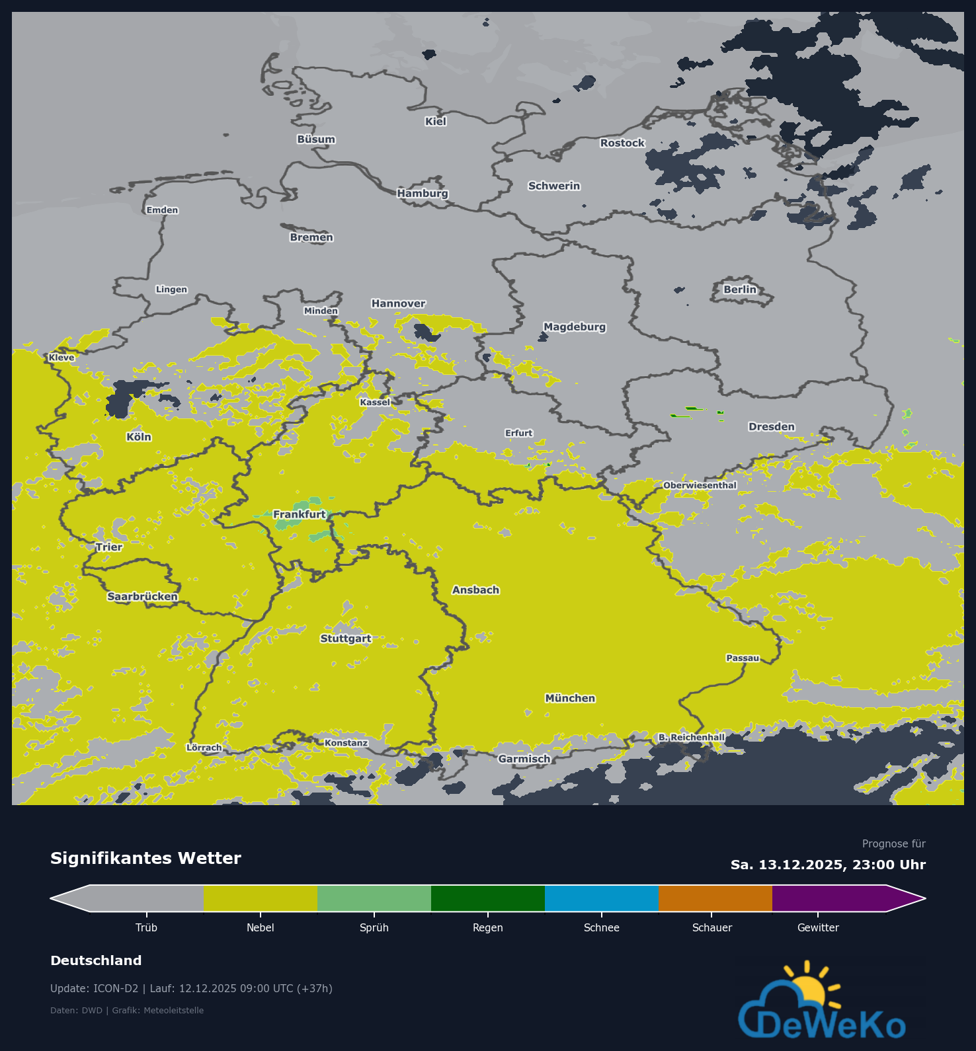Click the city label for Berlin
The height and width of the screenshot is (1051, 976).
coord(739,290)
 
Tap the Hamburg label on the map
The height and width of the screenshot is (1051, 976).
coord(423,194)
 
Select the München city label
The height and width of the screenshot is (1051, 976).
coord(570,699)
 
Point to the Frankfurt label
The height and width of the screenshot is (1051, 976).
coord(300,515)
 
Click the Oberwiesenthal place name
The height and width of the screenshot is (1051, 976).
coord(700,486)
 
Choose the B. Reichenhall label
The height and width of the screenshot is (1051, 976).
coord(691,738)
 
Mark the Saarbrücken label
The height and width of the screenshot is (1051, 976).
coord(142,597)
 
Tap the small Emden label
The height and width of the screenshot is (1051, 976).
coord(162,210)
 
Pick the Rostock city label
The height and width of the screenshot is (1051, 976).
coord(622,143)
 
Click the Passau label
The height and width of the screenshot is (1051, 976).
coord(743,658)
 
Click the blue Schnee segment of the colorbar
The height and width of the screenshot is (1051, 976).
coord(601,898)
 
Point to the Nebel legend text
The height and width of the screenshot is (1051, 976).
coord(260,928)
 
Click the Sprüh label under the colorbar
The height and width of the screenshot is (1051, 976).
coord(374,928)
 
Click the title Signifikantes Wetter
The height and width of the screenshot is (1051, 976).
coord(145,859)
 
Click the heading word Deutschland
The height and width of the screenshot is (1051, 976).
coord(96,961)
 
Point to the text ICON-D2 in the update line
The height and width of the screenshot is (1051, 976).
coord(116,989)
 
